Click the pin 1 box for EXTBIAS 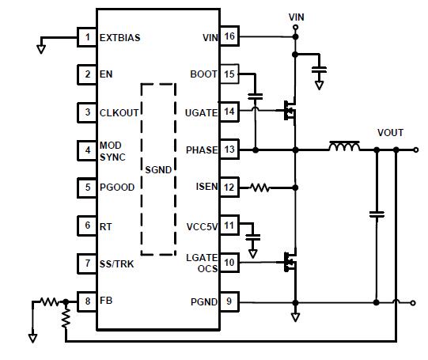[x=87, y=37]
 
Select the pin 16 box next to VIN [x=229, y=36]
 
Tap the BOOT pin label [x=204, y=74]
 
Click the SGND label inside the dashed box [x=158, y=170]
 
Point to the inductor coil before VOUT [x=344, y=146]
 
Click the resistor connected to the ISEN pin [x=259, y=188]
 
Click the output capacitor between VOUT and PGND [x=377, y=214]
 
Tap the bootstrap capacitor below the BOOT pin [x=256, y=97]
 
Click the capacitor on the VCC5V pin [x=253, y=237]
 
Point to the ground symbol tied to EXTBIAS [x=41, y=49]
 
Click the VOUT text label [x=390, y=133]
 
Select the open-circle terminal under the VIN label [x=295, y=27]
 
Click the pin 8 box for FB [x=87, y=301]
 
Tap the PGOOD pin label [x=117, y=188]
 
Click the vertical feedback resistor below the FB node [x=66, y=318]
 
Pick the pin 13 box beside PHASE [x=229, y=150]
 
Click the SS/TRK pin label [x=117, y=264]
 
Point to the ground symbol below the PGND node [x=295, y=317]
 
